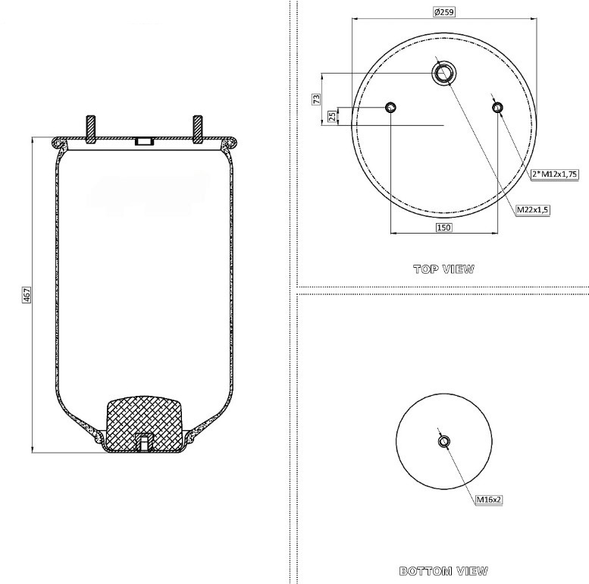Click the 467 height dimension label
point(27,295)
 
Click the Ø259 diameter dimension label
point(443,12)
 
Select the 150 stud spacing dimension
point(443,228)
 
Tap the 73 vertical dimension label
point(317,99)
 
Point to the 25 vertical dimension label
point(331,116)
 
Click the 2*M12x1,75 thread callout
point(555,174)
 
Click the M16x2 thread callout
point(490,499)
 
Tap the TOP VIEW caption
point(443,268)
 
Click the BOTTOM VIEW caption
point(443,570)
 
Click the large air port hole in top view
point(443,73)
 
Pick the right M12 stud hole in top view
point(497,108)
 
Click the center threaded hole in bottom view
point(443,441)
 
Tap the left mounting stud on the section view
point(91,129)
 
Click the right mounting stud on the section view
point(199,129)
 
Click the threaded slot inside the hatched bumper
point(144,441)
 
